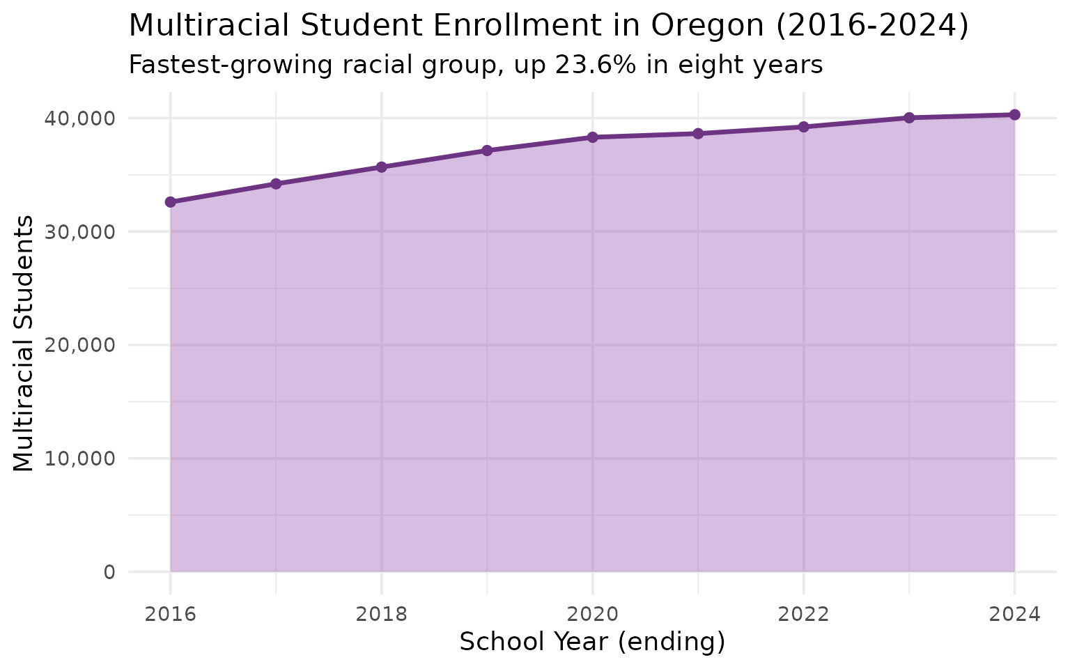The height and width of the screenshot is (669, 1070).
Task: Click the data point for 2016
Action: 171,202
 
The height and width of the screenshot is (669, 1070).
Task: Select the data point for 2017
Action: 276,184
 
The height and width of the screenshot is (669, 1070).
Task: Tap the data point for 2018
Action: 381,167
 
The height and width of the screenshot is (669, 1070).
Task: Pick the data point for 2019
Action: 487,151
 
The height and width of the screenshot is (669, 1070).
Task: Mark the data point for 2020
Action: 592,137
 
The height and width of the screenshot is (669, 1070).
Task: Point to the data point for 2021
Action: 698,134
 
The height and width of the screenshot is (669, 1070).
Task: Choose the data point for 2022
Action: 803,127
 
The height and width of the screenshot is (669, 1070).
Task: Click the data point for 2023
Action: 909,118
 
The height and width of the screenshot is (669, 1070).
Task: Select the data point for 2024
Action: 1014,115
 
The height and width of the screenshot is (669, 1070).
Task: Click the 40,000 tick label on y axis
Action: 79,118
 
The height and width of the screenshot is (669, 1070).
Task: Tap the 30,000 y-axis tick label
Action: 79,232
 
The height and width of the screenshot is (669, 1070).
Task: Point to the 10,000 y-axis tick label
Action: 79,459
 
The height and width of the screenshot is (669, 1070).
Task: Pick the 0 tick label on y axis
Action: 109,572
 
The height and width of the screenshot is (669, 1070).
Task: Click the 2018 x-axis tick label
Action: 381,614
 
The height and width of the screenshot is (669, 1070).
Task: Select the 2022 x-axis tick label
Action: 803,614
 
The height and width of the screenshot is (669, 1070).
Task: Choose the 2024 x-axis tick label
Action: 1014,614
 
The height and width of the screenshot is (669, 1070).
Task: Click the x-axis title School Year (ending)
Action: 592,643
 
